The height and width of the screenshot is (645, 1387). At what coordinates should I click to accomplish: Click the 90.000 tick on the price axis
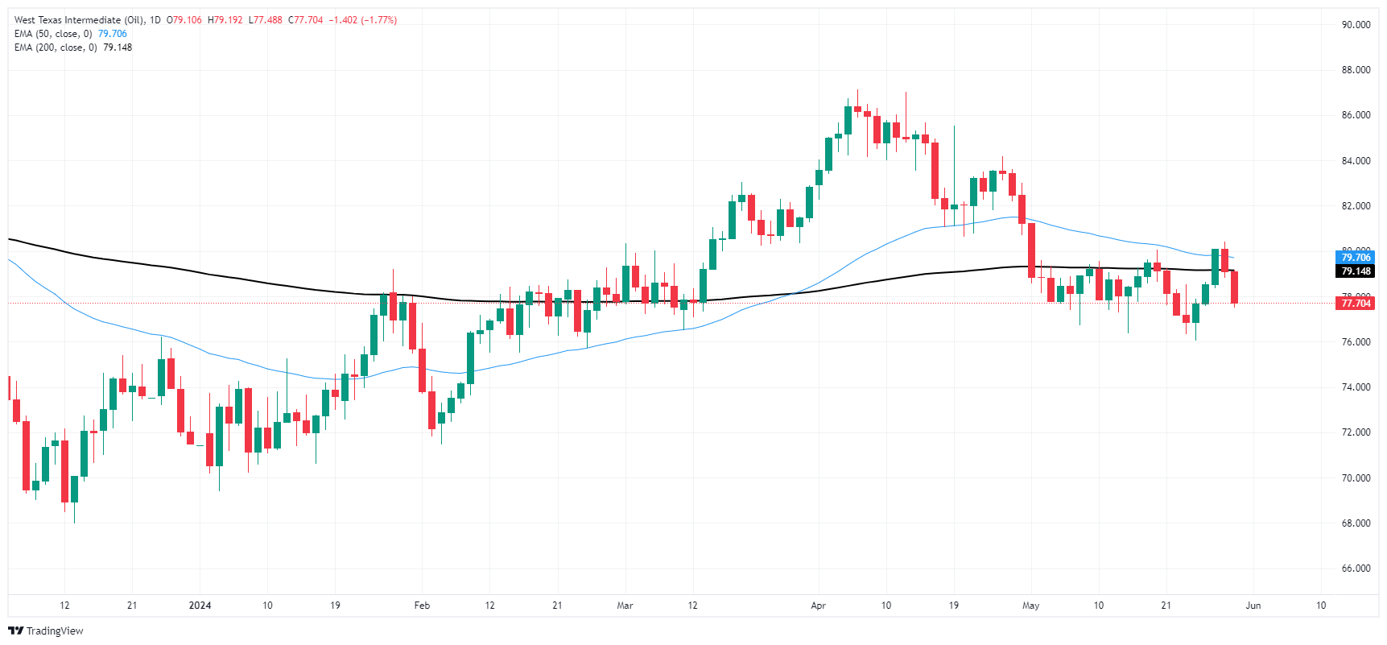coord(1356,25)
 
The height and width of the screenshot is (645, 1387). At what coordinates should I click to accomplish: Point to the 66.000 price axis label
coord(1356,569)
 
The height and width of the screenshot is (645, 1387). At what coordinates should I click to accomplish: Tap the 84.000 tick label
coord(1356,161)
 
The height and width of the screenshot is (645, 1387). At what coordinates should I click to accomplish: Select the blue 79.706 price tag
coord(1356,258)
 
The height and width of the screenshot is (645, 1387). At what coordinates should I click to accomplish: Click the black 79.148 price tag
coord(1356,271)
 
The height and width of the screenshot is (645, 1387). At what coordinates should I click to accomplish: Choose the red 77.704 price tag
coord(1356,304)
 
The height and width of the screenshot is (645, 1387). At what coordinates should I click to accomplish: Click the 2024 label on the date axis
coord(200,606)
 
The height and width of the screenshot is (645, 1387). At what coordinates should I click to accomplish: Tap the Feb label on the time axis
coord(422,606)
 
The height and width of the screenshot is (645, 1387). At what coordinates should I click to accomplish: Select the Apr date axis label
coord(819,606)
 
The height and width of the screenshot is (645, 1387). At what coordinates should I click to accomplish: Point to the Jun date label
coord(1253,606)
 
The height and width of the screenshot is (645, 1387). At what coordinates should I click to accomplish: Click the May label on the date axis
coord(1030,606)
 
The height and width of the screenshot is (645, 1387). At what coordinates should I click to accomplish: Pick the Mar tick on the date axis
coord(625,606)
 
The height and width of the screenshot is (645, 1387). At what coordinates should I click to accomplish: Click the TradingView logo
coord(46,631)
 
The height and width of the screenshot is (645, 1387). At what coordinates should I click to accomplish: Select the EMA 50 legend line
coord(70,34)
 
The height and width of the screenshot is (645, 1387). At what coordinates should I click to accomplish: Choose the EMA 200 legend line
coord(72,48)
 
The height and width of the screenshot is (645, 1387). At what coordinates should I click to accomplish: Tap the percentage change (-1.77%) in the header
coord(379,20)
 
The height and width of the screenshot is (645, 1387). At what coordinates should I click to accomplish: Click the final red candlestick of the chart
coord(1234,287)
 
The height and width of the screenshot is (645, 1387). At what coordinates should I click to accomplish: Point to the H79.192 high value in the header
coord(225,20)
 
